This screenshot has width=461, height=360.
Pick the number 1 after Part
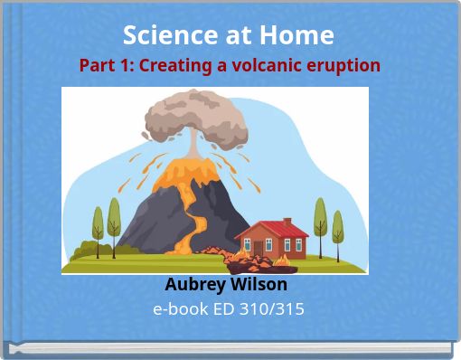click(120, 66)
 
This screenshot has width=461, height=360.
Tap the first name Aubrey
click(193, 284)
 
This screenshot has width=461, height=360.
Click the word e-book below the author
click(176, 309)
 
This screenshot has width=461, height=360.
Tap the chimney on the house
click(287, 223)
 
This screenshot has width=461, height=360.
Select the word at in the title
click(241, 35)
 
